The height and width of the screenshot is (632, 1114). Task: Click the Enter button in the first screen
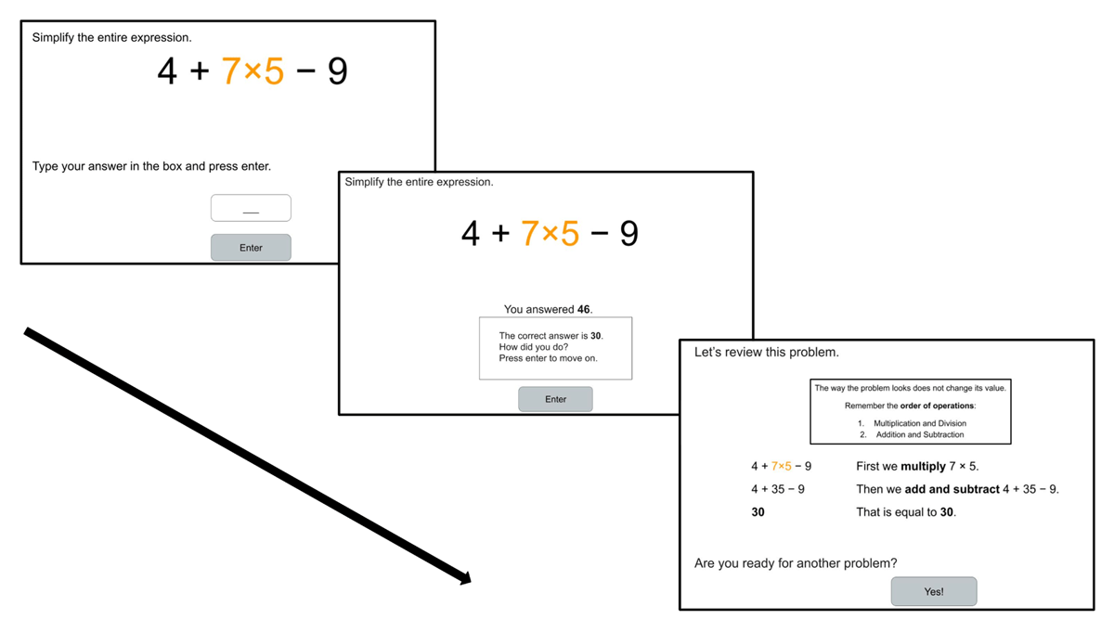pyautogui.click(x=251, y=248)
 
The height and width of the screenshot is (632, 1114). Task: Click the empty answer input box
pyautogui.click(x=251, y=208)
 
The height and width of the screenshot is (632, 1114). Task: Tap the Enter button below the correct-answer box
pyautogui.click(x=555, y=399)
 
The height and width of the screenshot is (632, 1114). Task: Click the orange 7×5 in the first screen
pyautogui.click(x=253, y=71)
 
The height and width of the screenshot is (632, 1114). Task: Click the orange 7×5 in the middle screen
pyautogui.click(x=550, y=233)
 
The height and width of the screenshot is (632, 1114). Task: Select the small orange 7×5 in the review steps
pyautogui.click(x=782, y=466)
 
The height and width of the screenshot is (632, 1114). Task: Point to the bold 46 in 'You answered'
pyautogui.click(x=583, y=309)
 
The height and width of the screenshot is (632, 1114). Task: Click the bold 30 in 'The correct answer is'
pyautogui.click(x=596, y=336)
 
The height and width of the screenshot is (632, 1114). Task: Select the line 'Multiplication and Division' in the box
pyautogui.click(x=919, y=423)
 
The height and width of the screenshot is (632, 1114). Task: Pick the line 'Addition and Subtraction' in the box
pyautogui.click(x=919, y=434)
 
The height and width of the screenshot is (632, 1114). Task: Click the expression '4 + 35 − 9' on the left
pyautogui.click(x=778, y=489)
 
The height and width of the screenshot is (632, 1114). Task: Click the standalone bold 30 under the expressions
pyautogui.click(x=758, y=511)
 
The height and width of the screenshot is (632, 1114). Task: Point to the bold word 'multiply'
pyautogui.click(x=923, y=466)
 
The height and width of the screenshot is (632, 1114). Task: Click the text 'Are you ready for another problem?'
pyautogui.click(x=796, y=563)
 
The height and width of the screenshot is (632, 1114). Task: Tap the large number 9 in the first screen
pyautogui.click(x=338, y=71)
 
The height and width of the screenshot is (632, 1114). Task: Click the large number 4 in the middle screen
pyautogui.click(x=471, y=233)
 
